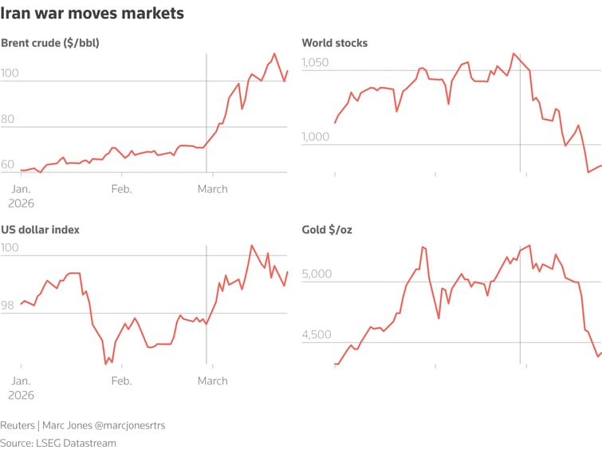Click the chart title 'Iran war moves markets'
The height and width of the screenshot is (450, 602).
tap(92, 14)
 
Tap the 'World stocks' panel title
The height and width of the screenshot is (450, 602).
tap(334, 43)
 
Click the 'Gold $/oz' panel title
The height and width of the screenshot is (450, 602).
tap(327, 230)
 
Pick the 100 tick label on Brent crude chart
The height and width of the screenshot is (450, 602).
tap(10, 73)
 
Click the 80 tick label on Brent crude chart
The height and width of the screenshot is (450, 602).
tap(8, 119)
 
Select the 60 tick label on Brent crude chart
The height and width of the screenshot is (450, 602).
tap(8, 164)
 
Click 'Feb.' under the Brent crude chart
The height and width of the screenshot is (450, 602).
tap(121, 189)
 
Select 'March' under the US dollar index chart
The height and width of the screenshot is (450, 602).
tap(212, 381)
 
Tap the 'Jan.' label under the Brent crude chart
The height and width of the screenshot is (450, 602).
tap(21, 189)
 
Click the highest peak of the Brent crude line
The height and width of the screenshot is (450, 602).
tap(274, 54)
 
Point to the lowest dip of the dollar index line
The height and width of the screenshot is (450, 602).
tap(106, 363)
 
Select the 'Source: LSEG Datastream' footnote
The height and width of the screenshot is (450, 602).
tap(58, 443)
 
